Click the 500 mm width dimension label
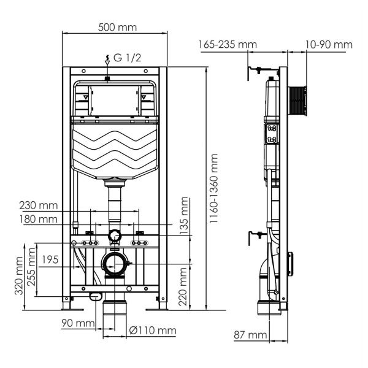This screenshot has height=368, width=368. (117, 28)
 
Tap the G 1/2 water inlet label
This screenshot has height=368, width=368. (126, 59)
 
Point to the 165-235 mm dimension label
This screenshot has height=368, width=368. (228, 44)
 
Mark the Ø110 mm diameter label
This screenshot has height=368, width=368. (153, 331)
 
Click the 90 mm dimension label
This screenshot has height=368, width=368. (77, 323)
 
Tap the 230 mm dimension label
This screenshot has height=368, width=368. (39, 205)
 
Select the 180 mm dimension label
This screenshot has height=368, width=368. (39, 218)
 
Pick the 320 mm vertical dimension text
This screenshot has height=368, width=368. (20, 276)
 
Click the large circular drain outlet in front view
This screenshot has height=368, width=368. (113, 264)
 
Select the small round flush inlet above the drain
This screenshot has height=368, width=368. (113, 236)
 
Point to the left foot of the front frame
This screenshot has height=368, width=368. (66, 303)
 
